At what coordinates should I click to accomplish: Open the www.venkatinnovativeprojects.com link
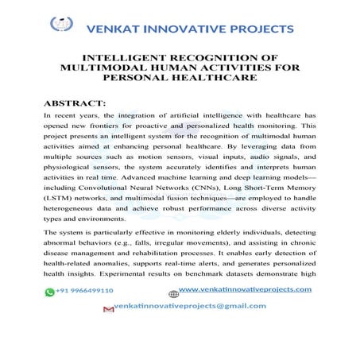point(245,288)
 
